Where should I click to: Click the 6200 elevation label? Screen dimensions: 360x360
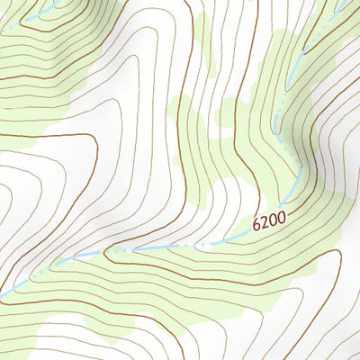point(270,220)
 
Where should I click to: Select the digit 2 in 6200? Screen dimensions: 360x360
point(265,221)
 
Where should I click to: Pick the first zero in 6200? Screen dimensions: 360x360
point(274,220)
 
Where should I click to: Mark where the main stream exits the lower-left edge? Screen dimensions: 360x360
point(4,292)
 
